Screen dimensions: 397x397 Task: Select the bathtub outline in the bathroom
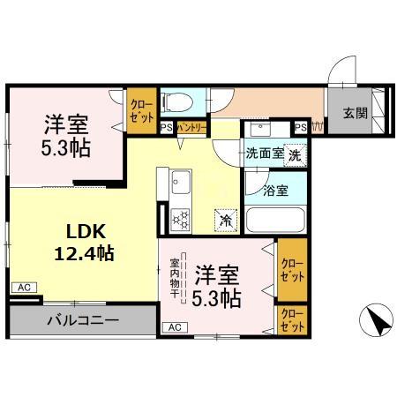274,219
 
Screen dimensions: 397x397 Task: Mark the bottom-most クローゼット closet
290,319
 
